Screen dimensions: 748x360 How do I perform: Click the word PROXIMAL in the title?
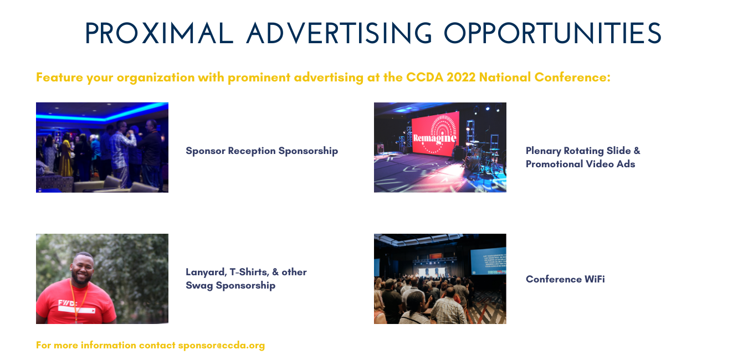(x=159, y=33)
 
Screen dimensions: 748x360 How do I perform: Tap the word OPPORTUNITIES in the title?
(x=552, y=33)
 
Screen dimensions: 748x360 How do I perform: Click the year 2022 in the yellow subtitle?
(x=461, y=77)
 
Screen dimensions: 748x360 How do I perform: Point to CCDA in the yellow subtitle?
(x=424, y=77)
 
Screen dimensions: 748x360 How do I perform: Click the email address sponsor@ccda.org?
(x=222, y=345)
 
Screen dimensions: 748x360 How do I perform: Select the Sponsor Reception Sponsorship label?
(x=262, y=151)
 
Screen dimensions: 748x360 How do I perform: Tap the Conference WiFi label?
(x=565, y=279)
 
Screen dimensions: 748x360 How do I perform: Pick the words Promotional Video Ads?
(x=580, y=164)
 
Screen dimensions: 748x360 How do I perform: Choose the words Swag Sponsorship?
(x=230, y=286)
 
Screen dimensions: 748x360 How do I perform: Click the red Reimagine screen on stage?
(x=436, y=133)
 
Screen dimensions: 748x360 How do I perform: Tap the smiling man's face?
(x=81, y=269)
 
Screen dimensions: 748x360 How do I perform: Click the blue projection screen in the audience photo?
(x=488, y=261)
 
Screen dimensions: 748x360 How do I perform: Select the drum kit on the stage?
(x=481, y=155)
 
